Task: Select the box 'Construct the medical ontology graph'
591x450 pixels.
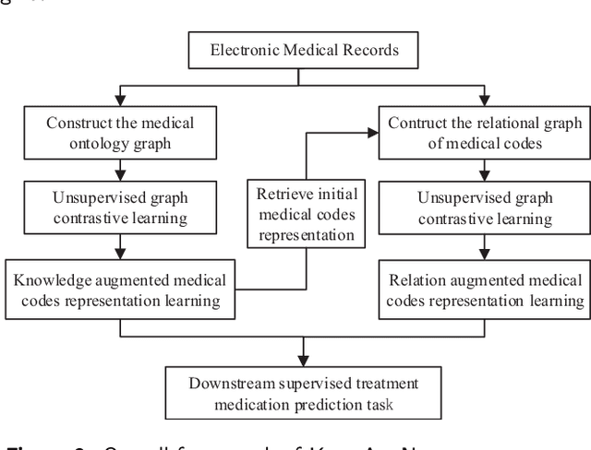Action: click(x=120, y=132)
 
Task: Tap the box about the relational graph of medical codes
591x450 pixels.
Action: click(x=485, y=132)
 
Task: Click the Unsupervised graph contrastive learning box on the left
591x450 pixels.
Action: click(x=120, y=209)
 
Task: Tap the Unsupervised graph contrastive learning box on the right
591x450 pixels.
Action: click(x=485, y=209)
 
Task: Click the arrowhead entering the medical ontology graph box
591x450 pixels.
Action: click(x=120, y=102)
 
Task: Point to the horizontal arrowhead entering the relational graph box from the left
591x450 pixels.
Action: click(x=373, y=132)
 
